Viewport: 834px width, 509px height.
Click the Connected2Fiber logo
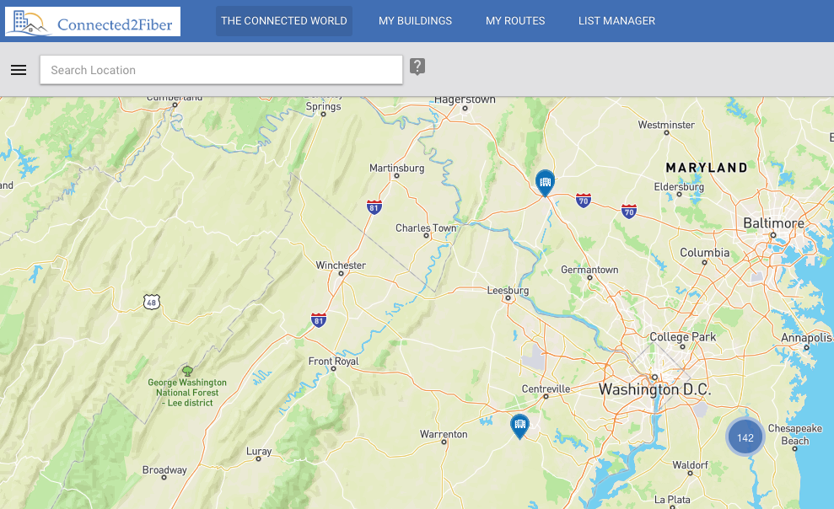(93, 21)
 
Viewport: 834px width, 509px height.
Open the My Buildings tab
(415, 21)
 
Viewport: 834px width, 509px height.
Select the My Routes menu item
(515, 21)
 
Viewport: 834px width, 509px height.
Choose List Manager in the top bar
(616, 21)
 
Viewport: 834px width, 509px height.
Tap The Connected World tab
(283, 21)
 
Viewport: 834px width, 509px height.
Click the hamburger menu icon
(19, 70)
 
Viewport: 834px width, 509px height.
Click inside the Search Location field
(221, 70)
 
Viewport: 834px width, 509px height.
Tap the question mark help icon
(417, 67)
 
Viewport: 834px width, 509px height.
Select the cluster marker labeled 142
(745, 437)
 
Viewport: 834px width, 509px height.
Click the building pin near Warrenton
(519, 425)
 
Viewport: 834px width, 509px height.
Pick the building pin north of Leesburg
(546, 181)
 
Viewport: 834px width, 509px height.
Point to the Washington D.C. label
(654, 390)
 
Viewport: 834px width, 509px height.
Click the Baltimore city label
(773, 223)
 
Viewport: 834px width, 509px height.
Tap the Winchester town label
(341, 265)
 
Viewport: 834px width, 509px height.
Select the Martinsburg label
(396, 169)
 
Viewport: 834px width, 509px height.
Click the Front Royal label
(333, 362)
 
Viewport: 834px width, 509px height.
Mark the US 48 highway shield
(151, 301)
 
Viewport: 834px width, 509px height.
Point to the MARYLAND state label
(706, 168)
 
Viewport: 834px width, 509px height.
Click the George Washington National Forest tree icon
(187, 370)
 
